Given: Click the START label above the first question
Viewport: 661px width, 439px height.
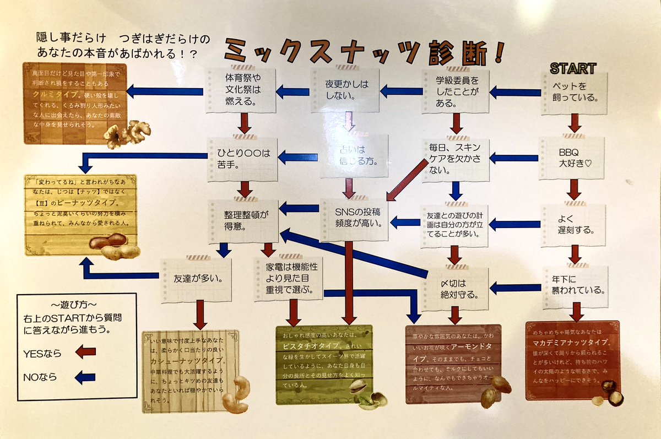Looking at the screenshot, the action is (x=573, y=68).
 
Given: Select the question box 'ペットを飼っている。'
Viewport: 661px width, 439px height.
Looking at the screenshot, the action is (x=574, y=92).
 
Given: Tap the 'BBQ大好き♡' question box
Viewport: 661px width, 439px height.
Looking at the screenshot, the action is (x=573, y=156).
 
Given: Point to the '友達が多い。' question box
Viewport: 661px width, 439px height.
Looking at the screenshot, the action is (x=194, y=279).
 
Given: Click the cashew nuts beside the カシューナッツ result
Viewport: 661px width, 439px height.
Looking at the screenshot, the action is (x=236, y=394).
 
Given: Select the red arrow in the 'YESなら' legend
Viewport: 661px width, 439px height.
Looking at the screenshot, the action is (x=85, y=353).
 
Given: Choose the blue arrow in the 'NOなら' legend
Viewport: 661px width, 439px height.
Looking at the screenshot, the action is (x=85, y=378).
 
